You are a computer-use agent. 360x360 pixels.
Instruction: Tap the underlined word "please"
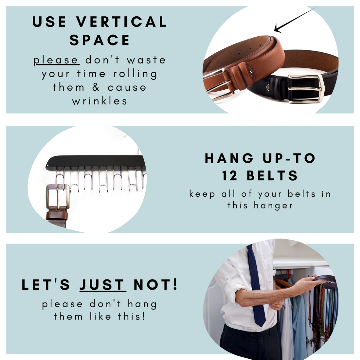(x=56, y=60)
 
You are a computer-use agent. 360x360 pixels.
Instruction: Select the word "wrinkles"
(x=99, y=101)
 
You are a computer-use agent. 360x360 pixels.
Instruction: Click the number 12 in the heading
(x=230, y=176)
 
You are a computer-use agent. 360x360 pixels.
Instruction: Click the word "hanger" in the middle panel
(x=273, y=206)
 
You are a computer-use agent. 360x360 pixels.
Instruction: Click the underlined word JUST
(x=103, y=285)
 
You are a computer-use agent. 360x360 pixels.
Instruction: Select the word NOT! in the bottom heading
(x=155, y=285)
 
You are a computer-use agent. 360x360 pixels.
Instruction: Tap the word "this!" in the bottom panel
(x=132, y=316)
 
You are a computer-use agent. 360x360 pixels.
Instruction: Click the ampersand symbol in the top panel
(x=96, y=87)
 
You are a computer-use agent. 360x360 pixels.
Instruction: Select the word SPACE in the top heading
(x=99, y=40)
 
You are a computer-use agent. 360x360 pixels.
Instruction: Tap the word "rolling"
(x=135, y=74)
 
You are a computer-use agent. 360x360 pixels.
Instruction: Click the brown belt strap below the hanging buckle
(x=57, y=218)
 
